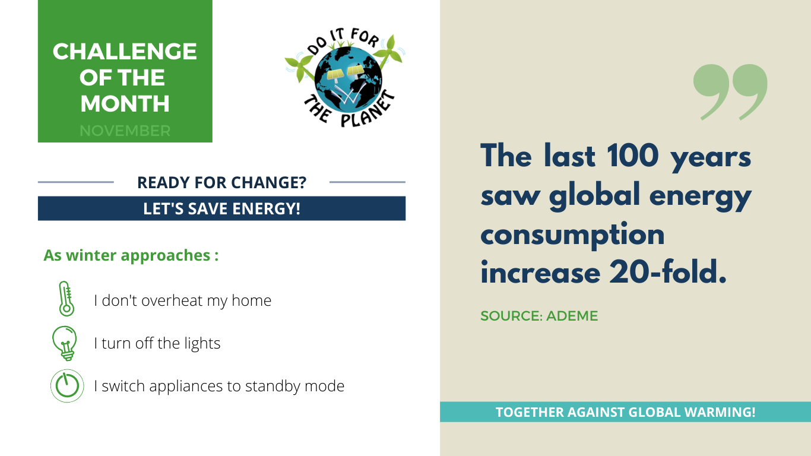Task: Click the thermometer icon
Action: (66, 299)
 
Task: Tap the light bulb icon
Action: (65, 343)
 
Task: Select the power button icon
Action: (67, 386)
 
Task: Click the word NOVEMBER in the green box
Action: (125, 131)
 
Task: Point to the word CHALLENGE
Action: (125, 52)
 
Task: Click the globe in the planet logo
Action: (348, 78)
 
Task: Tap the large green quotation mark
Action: (730, 92)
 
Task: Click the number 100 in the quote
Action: (632, 156)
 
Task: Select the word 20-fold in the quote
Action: (668, 272)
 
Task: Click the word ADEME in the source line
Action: (572, 316)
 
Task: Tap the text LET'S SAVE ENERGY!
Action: (221, 208)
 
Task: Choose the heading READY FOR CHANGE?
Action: (221, 182)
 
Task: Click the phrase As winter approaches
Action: (126, 256)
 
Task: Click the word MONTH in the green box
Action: (125, 103)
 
